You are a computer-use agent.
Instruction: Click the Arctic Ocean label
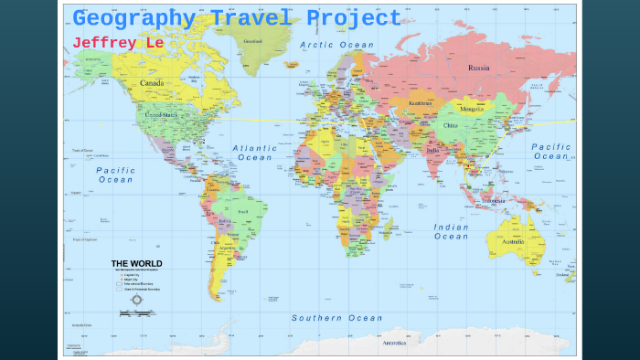pyautogui.click(x=337, y=45)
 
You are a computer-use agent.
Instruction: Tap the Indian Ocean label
pyautogui.click(x=451, y=232)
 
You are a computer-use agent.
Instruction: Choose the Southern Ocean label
pyautogui.click(x=337, y=318)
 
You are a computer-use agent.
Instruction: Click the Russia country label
pyautogui.click(x=480, y=69)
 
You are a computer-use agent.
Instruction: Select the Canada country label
pyautogui.click(x=152, y=83)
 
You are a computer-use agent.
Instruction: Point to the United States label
pyautogui.click(x=163, y=115)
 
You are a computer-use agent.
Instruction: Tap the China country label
pyautogui.click(x=451, y=125)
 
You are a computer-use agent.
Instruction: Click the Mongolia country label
pyautogui.click(x=472, y=109)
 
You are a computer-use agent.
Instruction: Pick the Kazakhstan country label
pyautogui.click(x=421, y=104)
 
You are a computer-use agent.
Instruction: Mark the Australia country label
pyautogui.click(x=513, y=242)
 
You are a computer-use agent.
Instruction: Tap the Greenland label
pyautogui.click(x=253, y=41)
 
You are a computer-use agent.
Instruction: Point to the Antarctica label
pyautogui.click(x=394, y=343)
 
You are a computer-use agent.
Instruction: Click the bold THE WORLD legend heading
pyautogui.click(x=137, y=264)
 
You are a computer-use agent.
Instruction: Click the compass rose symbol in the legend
pyautogui.click(x=137, y=299)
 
